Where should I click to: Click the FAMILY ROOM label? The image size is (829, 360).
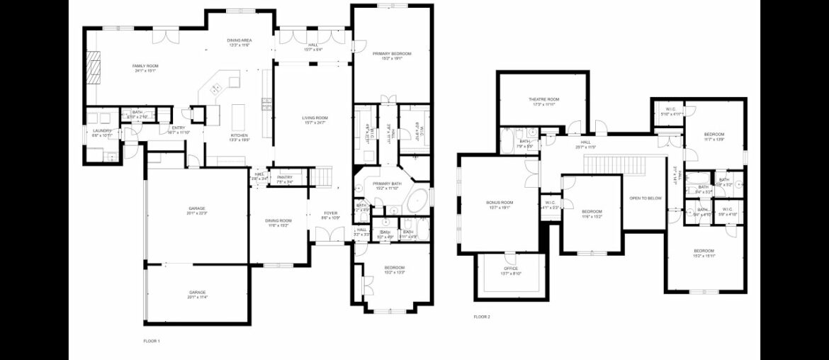point(144,66)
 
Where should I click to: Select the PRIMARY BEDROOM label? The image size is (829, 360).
point(392,54)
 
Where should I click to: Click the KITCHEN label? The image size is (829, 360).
point(239,135)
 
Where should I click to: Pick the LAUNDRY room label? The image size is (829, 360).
point(103,130)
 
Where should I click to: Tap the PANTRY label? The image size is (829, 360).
point(285,177)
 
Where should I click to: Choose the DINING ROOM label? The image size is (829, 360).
point(276,220)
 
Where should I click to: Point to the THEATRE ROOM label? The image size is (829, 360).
point(543,99)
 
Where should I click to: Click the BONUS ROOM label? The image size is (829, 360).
point(499,203)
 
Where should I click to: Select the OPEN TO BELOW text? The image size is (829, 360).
point(645,198)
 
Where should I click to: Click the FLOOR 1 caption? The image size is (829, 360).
point(152,341)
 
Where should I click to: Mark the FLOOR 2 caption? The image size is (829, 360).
point(482,317)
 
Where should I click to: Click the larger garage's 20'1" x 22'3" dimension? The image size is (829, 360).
point(196,213)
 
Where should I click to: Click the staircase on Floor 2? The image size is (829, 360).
point(615,166)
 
